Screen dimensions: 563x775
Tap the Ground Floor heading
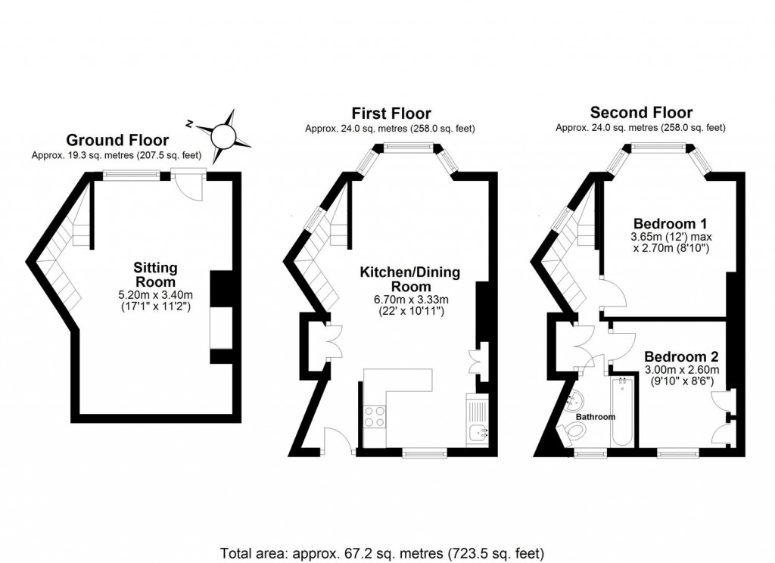click(x=117, y=140)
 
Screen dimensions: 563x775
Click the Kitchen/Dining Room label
click(x=409, y=279)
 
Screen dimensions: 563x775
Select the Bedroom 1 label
click(x=670, y=224)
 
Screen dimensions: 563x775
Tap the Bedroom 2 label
click(x=681, y=356)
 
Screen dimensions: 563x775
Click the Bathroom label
click(x=594, y=416)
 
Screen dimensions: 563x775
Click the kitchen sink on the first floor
click(x=478, y=432)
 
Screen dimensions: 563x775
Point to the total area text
click(x=382, y=552)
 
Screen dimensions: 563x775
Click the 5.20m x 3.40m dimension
click(x=155, y=295)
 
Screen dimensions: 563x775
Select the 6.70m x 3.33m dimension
click(x=409, y=300)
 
